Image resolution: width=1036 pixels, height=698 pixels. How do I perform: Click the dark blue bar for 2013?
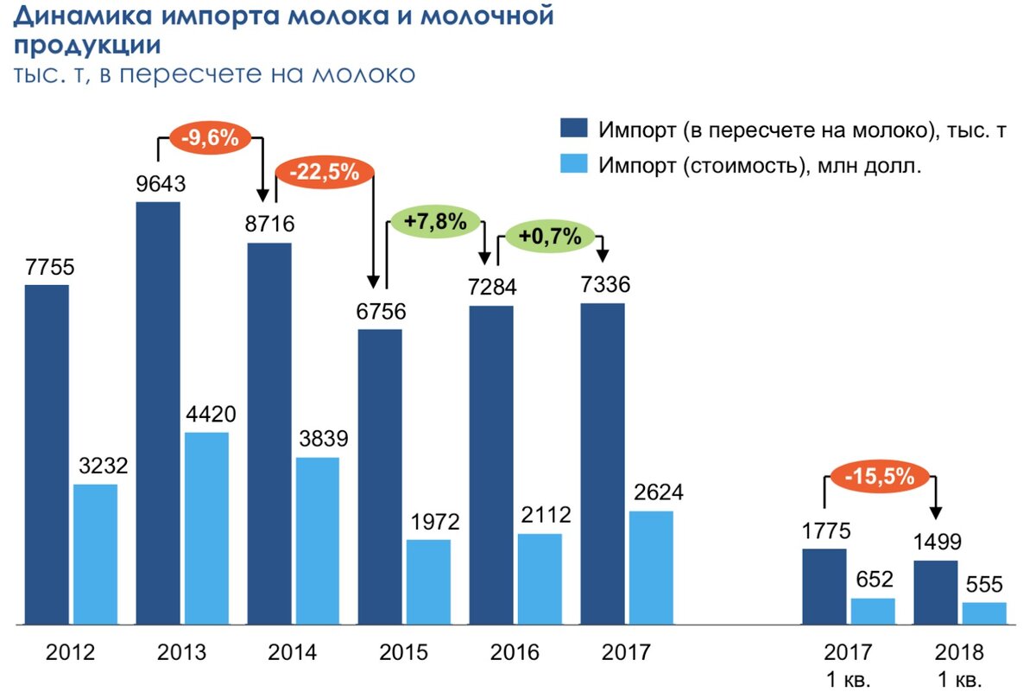click(x=158, y=412)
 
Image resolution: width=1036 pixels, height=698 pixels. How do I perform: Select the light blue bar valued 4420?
click(x=206, y=527)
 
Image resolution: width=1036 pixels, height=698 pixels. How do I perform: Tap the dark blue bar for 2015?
click(x=380, y=476)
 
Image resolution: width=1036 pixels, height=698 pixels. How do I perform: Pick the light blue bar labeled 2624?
click(x=651, y=567)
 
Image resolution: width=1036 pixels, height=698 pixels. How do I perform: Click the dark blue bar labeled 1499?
click(x=936, y=592)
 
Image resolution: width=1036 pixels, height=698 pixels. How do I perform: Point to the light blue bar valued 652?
click(x=873, y=611)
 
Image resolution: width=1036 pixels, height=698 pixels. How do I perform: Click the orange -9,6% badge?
click(x=211, y=137)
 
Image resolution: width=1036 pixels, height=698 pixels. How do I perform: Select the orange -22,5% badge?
click(x=325, y=172)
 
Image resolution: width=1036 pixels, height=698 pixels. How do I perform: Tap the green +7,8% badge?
click(x=435, y=222)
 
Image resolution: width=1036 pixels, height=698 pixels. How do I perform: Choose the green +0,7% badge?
click(x=550, y=235)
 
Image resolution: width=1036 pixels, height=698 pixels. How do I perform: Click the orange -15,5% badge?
click(x=880, y=477)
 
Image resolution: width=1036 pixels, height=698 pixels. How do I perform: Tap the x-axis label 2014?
click(x=293, y=652)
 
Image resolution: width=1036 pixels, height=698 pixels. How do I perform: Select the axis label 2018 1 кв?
click(x=959, y=664)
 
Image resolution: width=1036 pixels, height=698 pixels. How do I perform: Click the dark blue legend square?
click(x=574, y=130)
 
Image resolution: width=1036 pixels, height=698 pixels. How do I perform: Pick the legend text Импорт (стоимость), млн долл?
click(x=761, y=166)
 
